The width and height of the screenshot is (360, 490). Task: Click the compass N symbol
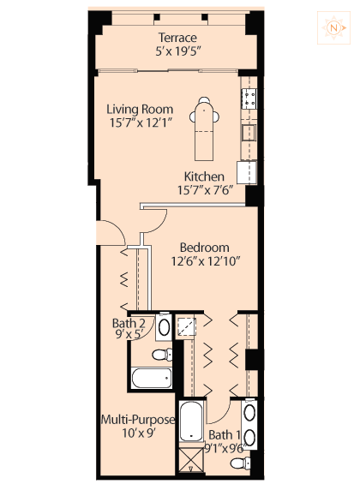click(333, 27)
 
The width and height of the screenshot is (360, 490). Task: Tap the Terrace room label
click(177, 38)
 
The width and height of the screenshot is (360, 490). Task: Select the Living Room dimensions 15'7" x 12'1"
click(141, 122)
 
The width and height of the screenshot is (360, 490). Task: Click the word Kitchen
click(204, 176)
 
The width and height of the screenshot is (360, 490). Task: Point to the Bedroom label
click(205, 248)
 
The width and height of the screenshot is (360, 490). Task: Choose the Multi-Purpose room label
click(138, 420)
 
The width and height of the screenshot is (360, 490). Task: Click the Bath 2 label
click(129, 323)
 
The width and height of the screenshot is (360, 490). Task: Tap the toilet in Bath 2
click(162, 355)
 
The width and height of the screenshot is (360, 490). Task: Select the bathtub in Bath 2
click(151, 378)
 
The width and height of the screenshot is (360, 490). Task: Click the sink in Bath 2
click(164, 327)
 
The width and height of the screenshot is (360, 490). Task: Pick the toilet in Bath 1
click(240, 463)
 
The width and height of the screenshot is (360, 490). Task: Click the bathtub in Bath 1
click(191, 421)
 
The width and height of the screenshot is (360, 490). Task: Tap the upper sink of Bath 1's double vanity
click(249, 413)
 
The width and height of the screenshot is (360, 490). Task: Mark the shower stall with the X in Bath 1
click(191, 459)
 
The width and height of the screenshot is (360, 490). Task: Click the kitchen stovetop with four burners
click(249, 99)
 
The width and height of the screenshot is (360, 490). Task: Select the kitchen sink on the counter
click(249, 133)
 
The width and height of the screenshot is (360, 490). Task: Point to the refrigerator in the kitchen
click(247, 172)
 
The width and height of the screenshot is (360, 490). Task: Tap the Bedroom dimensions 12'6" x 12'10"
click(205, 261)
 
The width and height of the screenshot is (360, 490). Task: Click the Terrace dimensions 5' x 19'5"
click(177, 51)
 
